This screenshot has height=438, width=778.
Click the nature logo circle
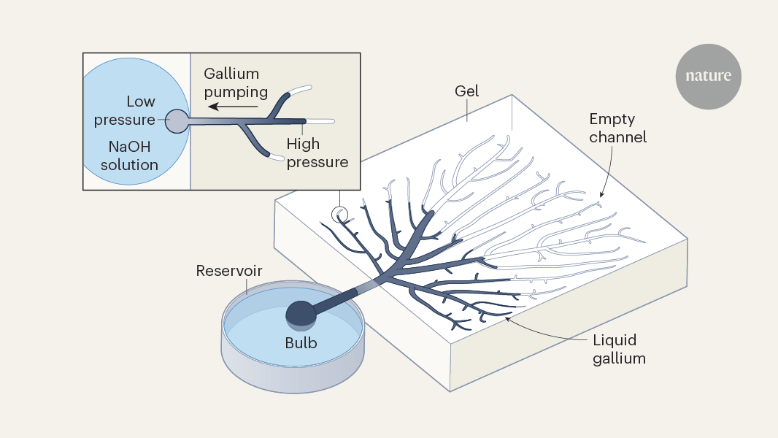708,76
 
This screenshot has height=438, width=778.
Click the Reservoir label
229,272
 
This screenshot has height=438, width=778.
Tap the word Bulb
301,342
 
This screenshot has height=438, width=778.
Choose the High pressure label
317,152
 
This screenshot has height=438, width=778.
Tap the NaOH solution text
129,156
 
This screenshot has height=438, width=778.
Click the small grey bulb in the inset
177,121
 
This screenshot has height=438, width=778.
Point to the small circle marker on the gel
339,214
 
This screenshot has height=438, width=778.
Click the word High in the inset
303,144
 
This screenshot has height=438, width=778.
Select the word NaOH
129,147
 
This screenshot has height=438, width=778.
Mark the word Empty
613,119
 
